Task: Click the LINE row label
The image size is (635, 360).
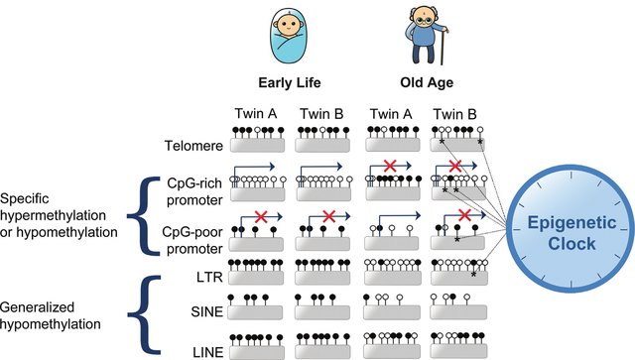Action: coord(205,349)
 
